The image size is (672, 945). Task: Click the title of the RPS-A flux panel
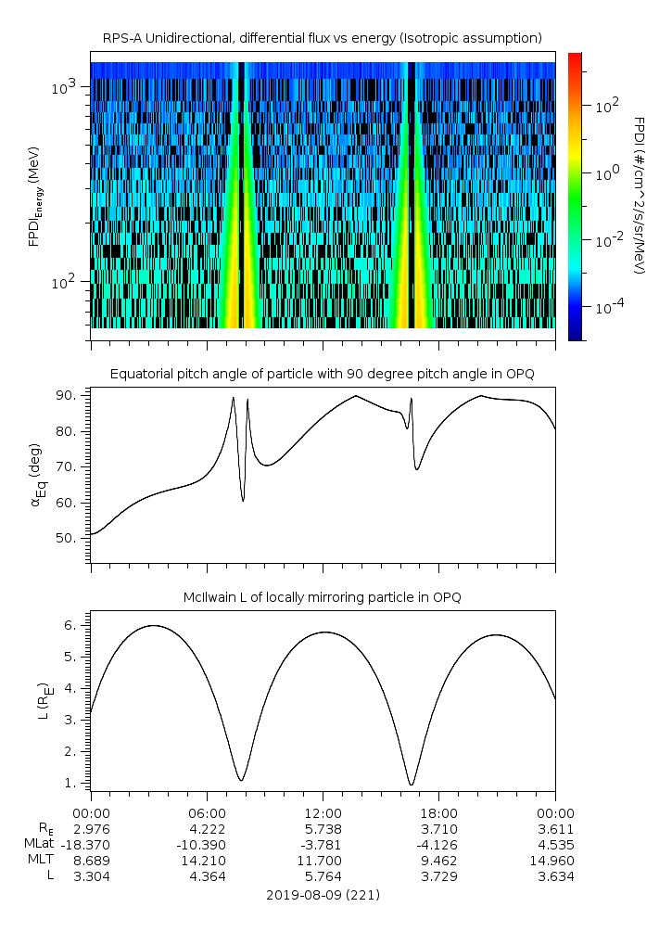tap(322, 38)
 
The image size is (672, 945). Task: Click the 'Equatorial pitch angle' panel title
tap(322, 374)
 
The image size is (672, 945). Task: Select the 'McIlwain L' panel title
tap(322, 597)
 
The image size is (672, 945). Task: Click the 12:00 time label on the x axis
tap(322, 813)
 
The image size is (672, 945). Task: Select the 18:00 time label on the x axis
tap(438, 813)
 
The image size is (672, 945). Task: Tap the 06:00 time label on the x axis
tap(206, 813)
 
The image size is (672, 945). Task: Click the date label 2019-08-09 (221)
tap(322, 896)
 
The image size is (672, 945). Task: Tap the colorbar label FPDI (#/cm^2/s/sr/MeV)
tap(639, 195)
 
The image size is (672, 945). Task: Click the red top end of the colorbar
tap(575, 57)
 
